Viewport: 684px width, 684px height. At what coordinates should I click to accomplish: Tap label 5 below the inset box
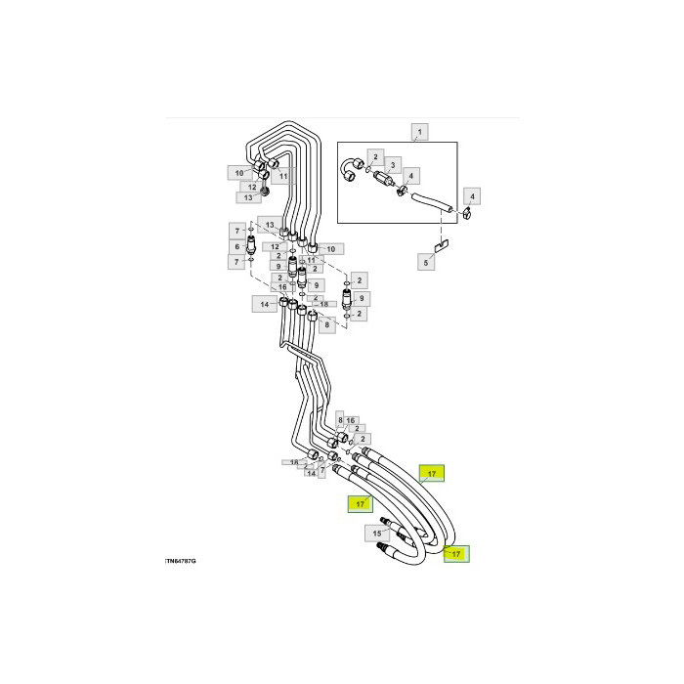[x=425, y=262]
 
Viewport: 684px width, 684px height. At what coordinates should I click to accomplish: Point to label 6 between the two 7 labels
[x=235, y=246]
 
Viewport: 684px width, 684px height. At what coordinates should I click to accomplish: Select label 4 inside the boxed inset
[x=410, y=176]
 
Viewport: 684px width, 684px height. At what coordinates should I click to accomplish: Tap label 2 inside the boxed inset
[x=373, y=156]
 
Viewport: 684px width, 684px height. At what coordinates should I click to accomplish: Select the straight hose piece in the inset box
[x=429, y=204]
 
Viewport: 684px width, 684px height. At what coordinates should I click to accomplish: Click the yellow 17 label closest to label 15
[x=360, y=504]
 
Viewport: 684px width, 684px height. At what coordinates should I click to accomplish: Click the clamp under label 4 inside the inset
[x=404, y=190]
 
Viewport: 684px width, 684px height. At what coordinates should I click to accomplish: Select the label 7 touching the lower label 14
[x=323, y=471]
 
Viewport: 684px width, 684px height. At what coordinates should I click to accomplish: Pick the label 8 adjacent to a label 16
[x=340, y=420]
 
